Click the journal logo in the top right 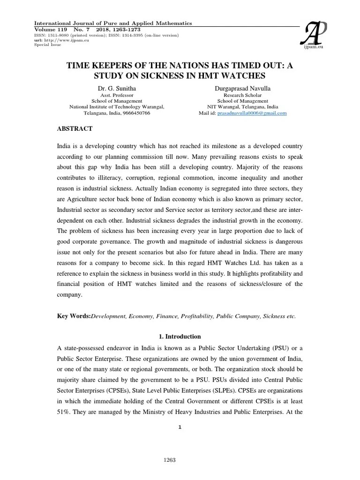309,35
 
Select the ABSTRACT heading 75,128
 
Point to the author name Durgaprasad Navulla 242,88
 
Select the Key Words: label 74,316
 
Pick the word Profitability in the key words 198,316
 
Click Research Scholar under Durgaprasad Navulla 242,95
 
